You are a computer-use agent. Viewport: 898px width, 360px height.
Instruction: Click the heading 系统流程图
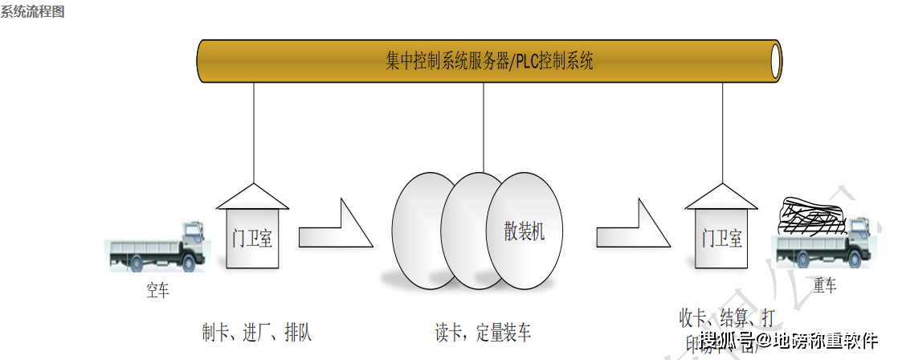(33, 12)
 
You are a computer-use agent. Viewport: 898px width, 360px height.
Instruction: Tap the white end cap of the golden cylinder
(775, 61)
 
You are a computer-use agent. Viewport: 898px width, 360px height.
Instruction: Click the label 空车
(157, 290)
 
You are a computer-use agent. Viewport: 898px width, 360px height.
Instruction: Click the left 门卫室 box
(252, 239)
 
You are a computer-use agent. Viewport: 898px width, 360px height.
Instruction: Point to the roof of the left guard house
(253, 197)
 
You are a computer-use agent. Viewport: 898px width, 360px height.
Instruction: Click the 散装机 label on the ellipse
(525, 232)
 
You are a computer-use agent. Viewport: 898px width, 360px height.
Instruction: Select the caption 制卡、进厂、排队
(256, 331)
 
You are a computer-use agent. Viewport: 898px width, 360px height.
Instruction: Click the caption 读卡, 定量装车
(482, 332)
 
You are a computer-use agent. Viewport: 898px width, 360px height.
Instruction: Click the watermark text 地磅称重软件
(827, 342)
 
